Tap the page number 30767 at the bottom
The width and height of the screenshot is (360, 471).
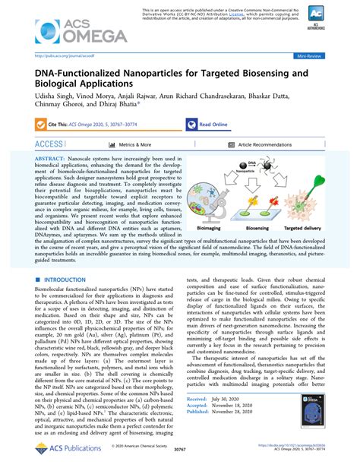180,460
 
